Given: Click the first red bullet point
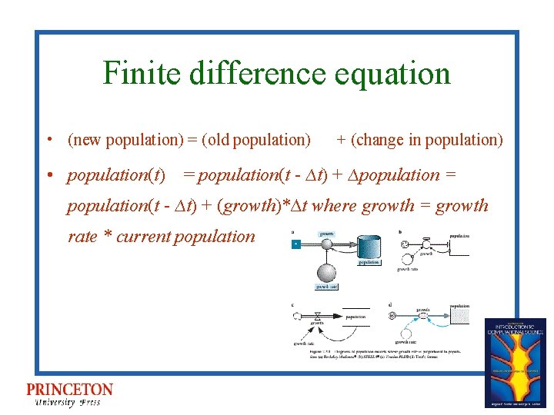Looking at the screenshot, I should point(48,141).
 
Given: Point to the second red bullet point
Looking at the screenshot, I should point(48,175).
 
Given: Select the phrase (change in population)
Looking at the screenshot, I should point(426,140).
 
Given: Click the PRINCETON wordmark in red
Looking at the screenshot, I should point(69,390).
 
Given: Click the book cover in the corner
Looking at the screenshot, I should point(515,362).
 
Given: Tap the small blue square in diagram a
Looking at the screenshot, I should point(295,244).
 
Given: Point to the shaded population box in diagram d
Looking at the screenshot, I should point(459,316).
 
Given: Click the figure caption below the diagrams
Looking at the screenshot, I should point(377,352).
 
